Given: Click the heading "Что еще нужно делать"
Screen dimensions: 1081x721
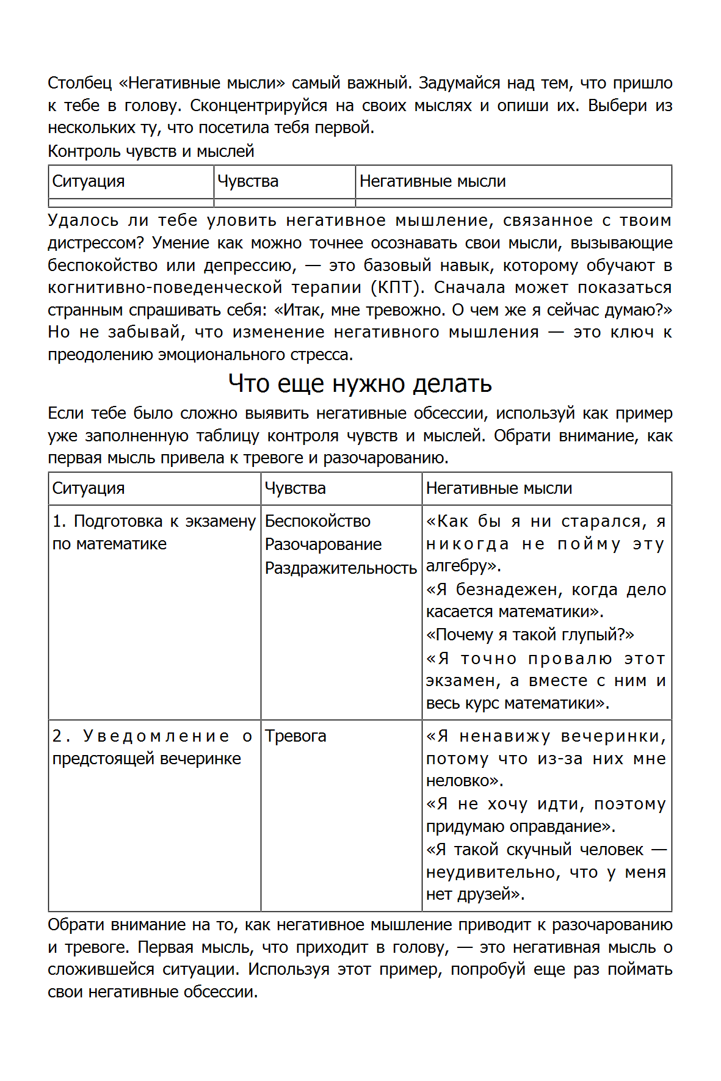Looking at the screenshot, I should tap(360, 383).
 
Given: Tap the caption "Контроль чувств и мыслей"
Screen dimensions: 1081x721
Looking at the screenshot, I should tap(151, 151).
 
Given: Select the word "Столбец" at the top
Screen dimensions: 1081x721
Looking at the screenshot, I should tap(79, 83).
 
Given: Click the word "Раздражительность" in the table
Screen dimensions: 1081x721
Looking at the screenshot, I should tap(341, 568).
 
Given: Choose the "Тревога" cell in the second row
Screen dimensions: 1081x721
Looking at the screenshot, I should tap(295, 736).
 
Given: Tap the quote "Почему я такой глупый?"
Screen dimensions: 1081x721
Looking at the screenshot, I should tap(530, 635).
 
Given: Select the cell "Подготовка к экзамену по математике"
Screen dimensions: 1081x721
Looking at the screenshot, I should tap(154, 532).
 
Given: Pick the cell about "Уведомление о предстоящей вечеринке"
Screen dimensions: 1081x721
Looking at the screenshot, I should tap(152, 747).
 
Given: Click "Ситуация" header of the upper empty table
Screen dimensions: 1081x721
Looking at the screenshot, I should tap(89, 181).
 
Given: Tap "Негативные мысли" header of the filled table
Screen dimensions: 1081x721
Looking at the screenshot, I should tap(499, 488).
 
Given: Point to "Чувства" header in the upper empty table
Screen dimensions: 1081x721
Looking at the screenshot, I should tap(248, 181).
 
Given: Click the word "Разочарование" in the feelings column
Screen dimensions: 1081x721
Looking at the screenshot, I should tap(323, 544).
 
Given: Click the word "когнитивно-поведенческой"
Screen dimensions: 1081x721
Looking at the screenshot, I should tap(165, 287).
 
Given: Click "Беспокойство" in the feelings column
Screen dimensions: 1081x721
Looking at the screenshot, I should tap(317, 521).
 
